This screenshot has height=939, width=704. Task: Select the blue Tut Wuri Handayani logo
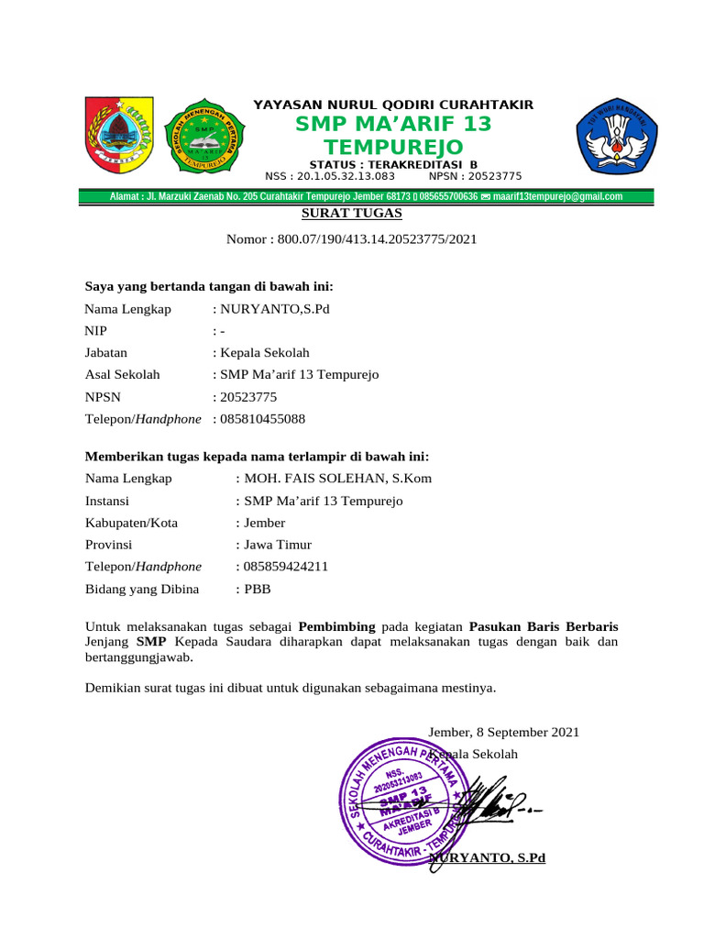pyautogui.click(x=616, y=133)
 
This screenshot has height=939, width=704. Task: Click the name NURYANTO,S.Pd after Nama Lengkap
pyautogui.click(x=273, y=309)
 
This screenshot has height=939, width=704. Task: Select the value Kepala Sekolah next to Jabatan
pyautogui.click(x=264, y=353)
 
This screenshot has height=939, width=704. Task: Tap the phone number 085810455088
pyautogui.click(x=261, y=419)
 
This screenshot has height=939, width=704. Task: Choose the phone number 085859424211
pyautogui.click(x=285, y=567)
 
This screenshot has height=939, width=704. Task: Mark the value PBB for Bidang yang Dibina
pyautogui.click(x=258, y=589)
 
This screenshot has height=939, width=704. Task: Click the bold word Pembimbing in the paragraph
pyautogui.click(x=337, y=627)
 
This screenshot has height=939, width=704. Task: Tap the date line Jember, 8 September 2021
pyautogui.click(x=503, y=733)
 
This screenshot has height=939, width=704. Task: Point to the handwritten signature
pyautogui.click(x=495, y=802)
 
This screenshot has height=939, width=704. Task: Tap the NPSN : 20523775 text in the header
pyautogui.click(x=475, y=176)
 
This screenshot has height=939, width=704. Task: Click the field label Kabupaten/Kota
pyautogui.click(x=131, y=523)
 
